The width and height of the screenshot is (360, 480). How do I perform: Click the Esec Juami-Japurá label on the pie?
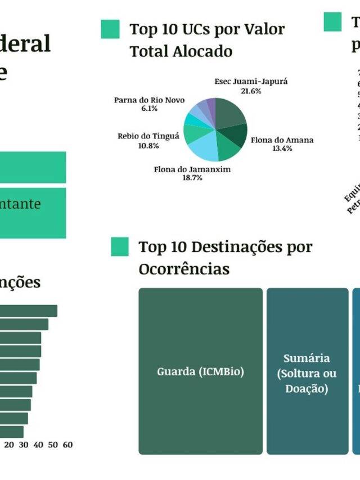pyautogui.click(x=251, y=82)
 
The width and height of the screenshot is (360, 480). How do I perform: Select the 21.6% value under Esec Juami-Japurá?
pyautogui.click(x=251, y=91)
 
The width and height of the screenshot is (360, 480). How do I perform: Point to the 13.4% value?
pyautogui.click(x=282, y=149)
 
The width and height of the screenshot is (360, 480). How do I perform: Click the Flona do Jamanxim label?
pyautogui.click(x=192, y=169)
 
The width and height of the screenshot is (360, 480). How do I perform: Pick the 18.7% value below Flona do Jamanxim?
pyautogui.click(x=192, y=178)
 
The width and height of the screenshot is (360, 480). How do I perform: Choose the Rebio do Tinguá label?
pyautogui.click(x=148, y=136)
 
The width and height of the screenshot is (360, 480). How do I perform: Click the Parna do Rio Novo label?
pyautogui.click(x=149, y=100)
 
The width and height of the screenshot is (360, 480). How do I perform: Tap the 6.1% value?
pyautogui.click(x=149, y=108)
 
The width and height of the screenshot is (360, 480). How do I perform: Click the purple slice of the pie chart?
pyautogui.click(x=211, y=104)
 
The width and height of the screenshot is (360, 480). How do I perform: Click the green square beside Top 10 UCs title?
pyautogui.click(x=110, y=29)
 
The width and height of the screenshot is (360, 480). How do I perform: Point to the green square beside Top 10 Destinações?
pyautogui.click(x=120, y=247)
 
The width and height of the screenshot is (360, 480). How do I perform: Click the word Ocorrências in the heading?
pyautogui.click(x=184, y=269)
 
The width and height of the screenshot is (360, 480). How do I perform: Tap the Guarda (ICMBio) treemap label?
pyautogui.click(x=200, y=371)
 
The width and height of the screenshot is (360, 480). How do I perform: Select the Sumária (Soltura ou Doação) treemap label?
pyautogui.click(x=307, y=373)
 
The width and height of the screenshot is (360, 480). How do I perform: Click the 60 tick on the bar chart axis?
pyautogui.click(x=67, y=445)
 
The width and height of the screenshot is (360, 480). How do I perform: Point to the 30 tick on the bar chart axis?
pyautogui.click(x=24, y=445)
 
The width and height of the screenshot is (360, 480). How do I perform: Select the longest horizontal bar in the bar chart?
pyautogui.click(x=28, y=311)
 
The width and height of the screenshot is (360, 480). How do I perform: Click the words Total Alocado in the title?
pyautogui.click(x=181, y=51)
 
